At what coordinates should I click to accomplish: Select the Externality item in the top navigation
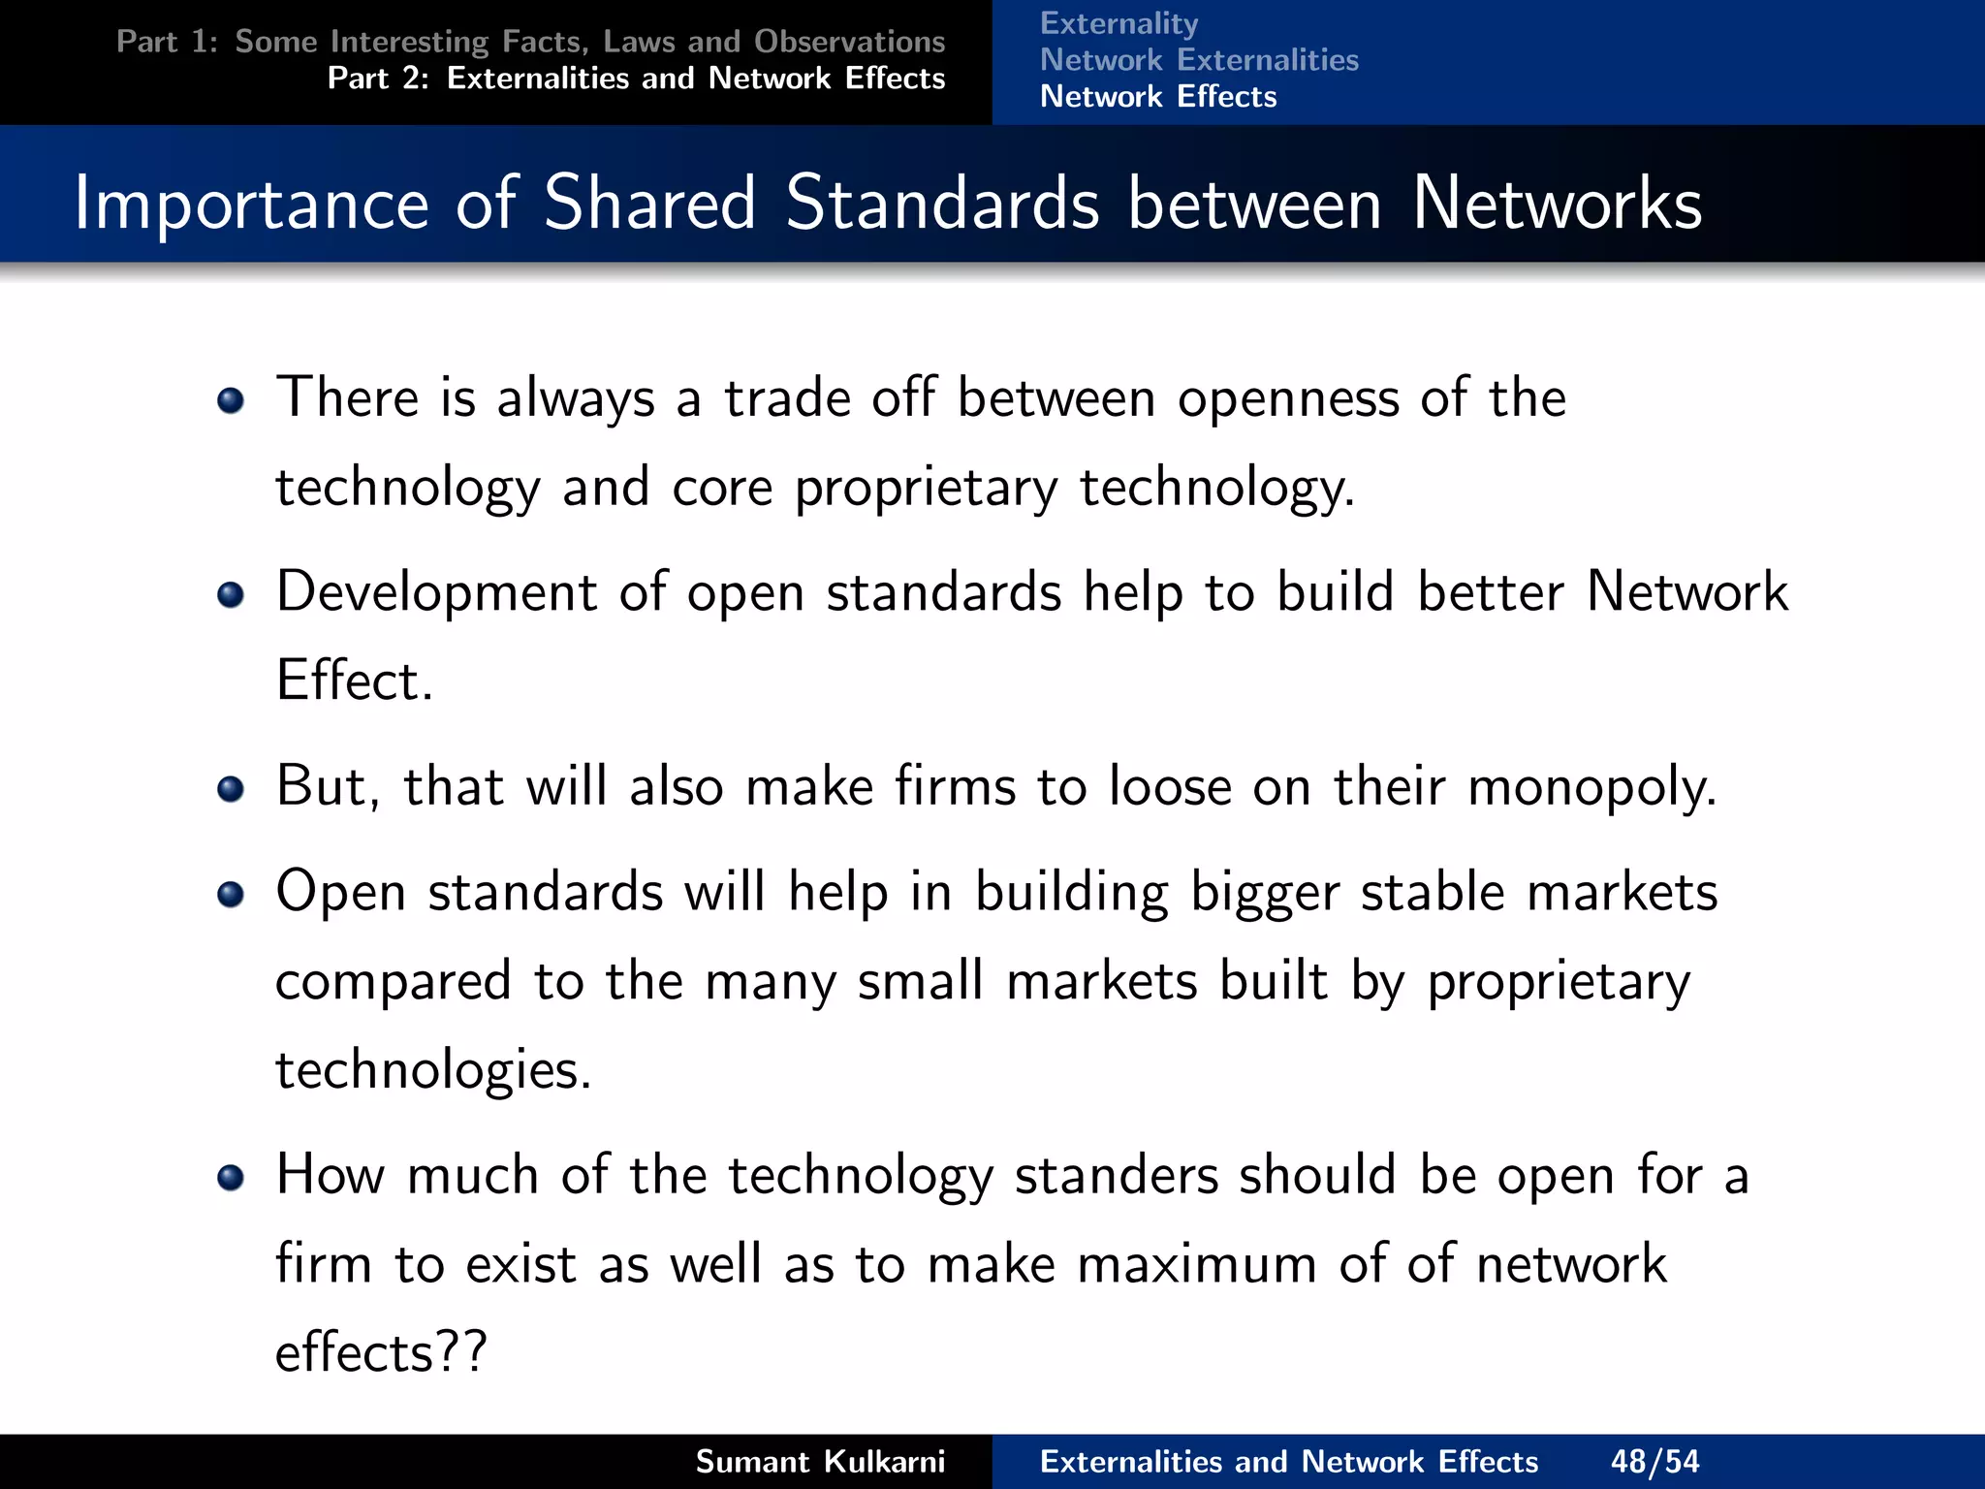(x=1119, y=23)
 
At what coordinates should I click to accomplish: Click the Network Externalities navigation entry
(x=1199, y=60)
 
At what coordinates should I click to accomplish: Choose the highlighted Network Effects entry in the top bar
(x=1158, y=97)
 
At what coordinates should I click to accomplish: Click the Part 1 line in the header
(x=530, y=42)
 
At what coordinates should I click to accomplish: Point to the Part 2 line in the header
(x=636, y=79)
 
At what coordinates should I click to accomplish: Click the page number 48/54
(x=1654, y=1461)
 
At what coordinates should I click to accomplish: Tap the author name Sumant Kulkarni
(x=820, y=1461)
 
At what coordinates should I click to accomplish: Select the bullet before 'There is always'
(x=231, y=400)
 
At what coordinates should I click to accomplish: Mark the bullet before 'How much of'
(x=231, y=1177)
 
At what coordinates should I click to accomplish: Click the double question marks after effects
(x=460, y=1351)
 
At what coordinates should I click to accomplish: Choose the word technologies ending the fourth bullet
(x=431, y=1070)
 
